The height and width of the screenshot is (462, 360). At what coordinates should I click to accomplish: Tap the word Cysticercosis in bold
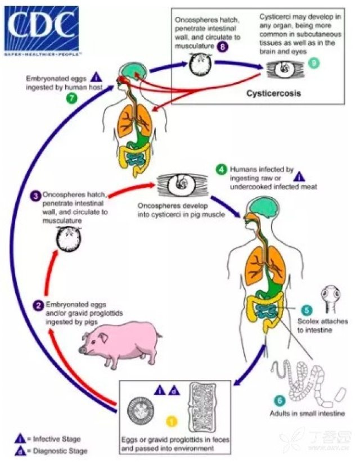click(x=273, y=94)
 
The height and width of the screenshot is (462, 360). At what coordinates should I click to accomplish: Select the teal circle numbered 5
click(x=306, y=310)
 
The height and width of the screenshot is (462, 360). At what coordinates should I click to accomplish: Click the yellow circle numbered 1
click(x=172, y=419)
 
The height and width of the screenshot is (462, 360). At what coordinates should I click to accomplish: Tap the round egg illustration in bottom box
click(x=140, y=411)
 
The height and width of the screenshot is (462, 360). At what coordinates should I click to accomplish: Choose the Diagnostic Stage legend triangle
click(x=21, y=450)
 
